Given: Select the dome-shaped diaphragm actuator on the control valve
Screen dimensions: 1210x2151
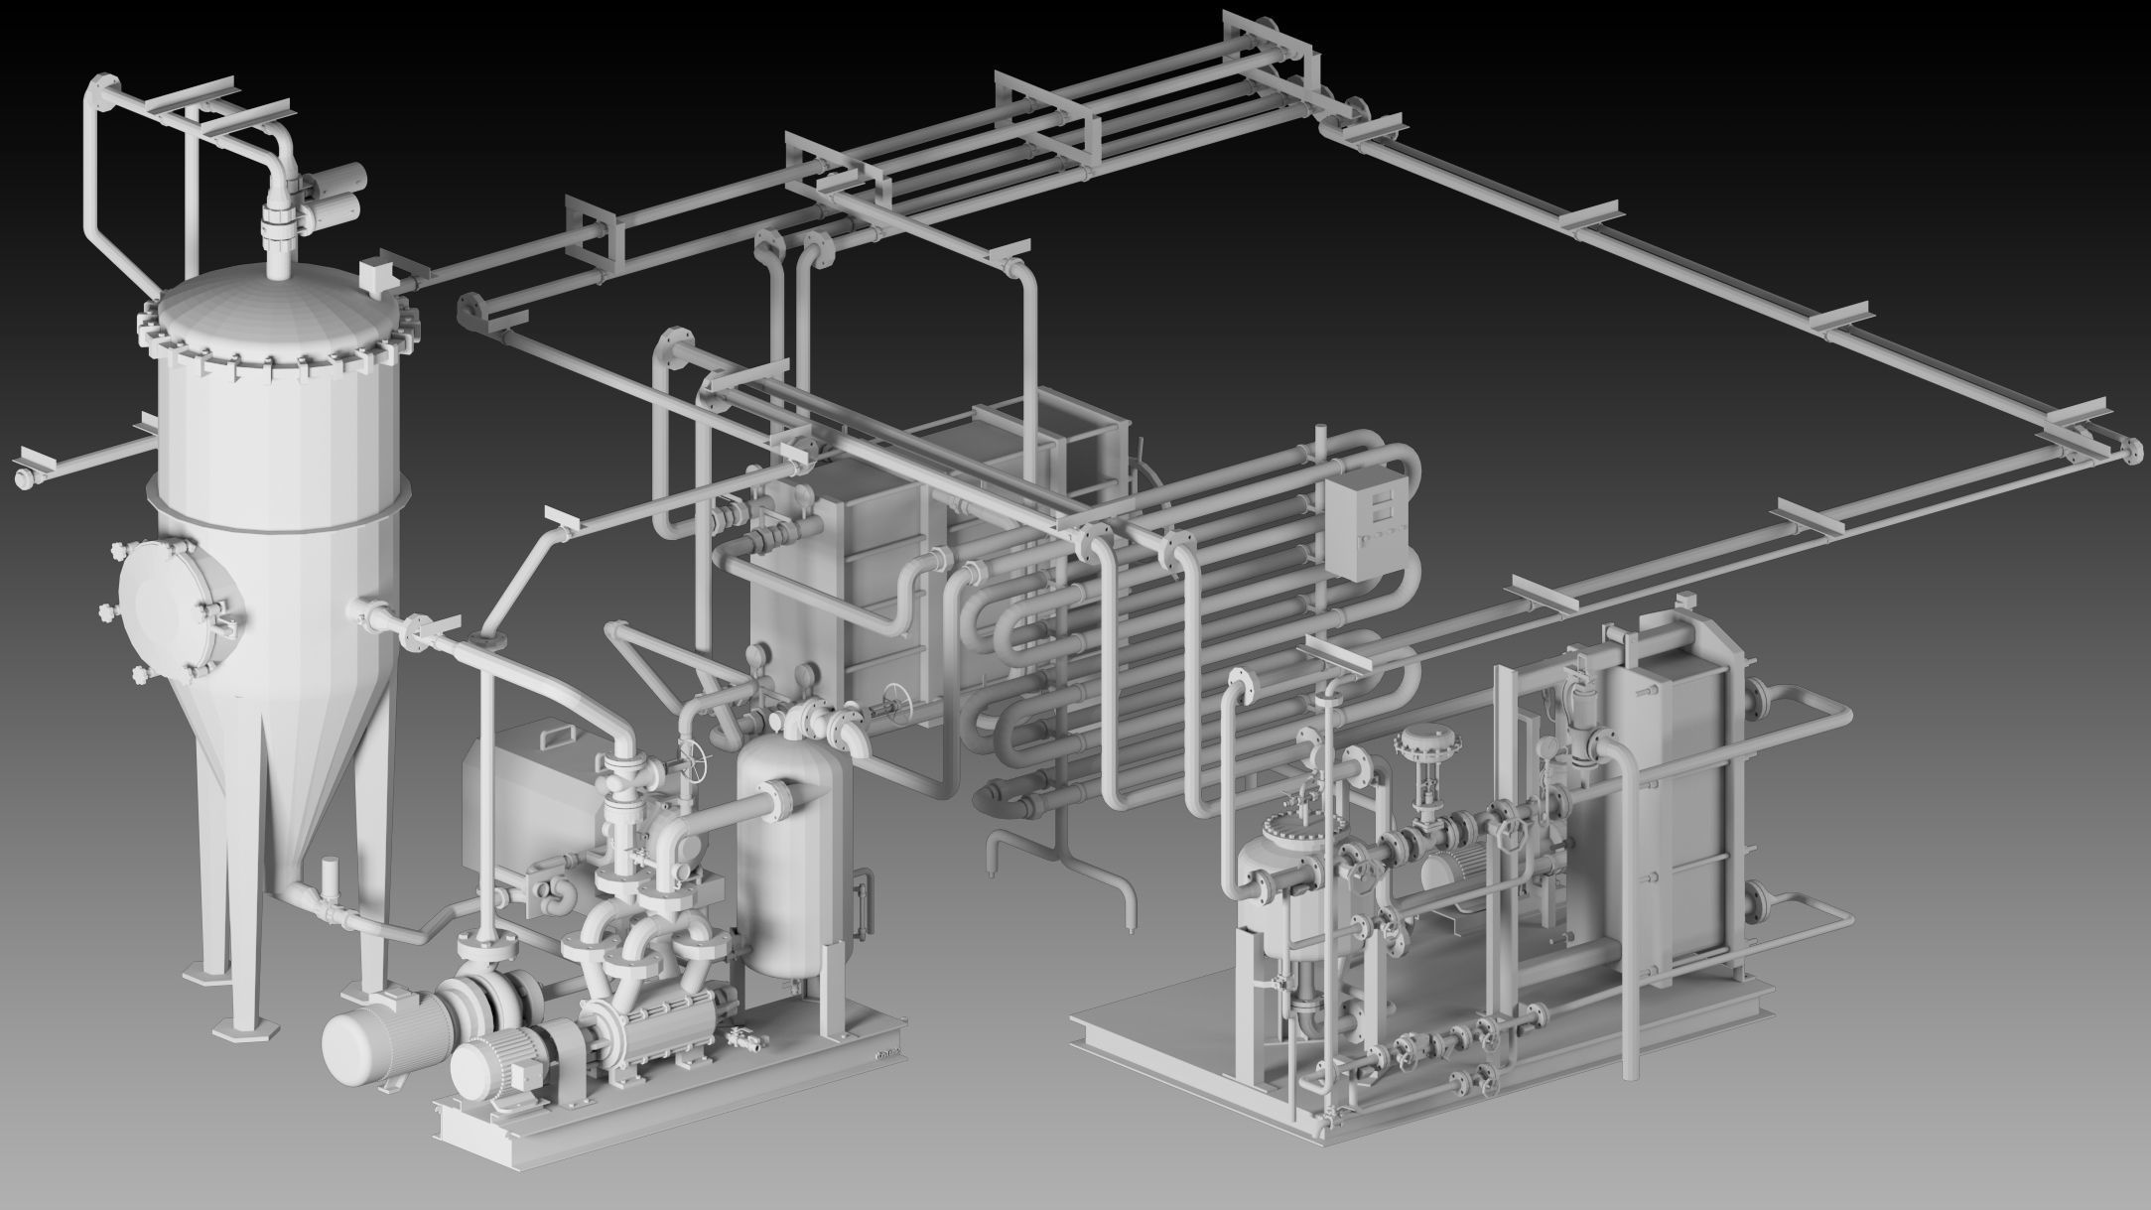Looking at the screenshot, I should [x=1425, y=744].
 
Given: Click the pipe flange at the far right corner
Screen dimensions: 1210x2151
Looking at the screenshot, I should [x=2127, y=450].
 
